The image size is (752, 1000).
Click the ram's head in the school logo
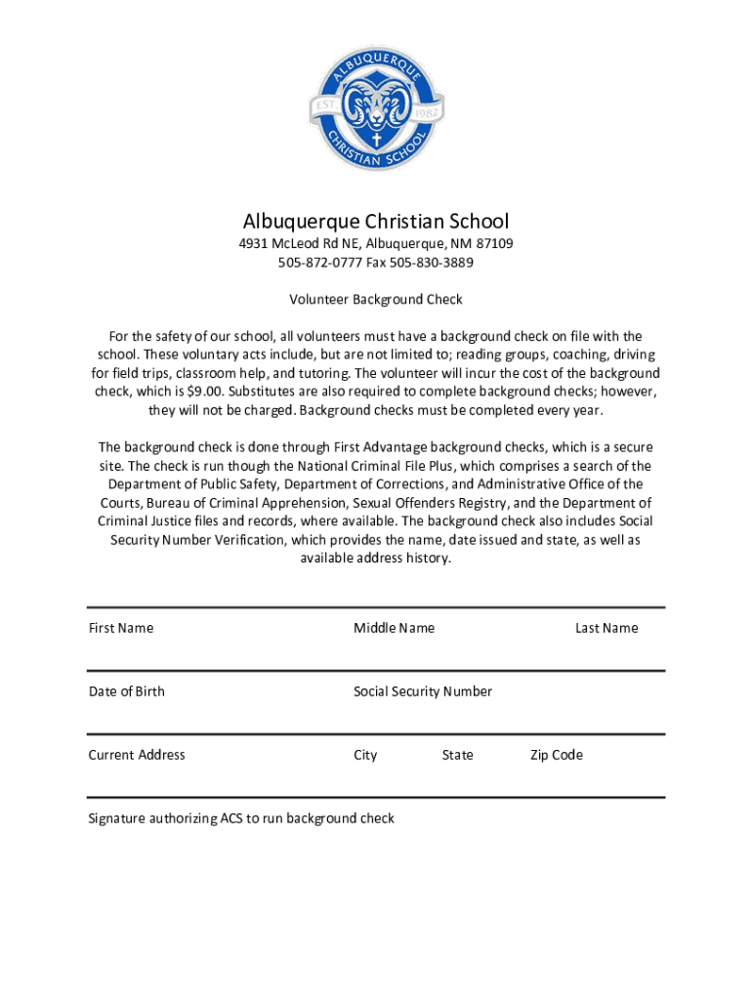376,99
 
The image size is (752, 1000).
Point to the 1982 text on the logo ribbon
427,110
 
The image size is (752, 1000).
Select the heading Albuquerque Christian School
376,222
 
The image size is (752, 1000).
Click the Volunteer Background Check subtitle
376,300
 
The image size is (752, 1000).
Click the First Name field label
121,628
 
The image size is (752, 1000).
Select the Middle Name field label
394,628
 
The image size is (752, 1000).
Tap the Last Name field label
606,628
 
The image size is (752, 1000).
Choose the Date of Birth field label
127,691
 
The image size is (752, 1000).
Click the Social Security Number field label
423,691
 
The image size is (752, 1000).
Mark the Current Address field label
137,755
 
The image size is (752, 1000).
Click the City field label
365,755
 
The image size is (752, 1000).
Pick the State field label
457,755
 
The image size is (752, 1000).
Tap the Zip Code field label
557,755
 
